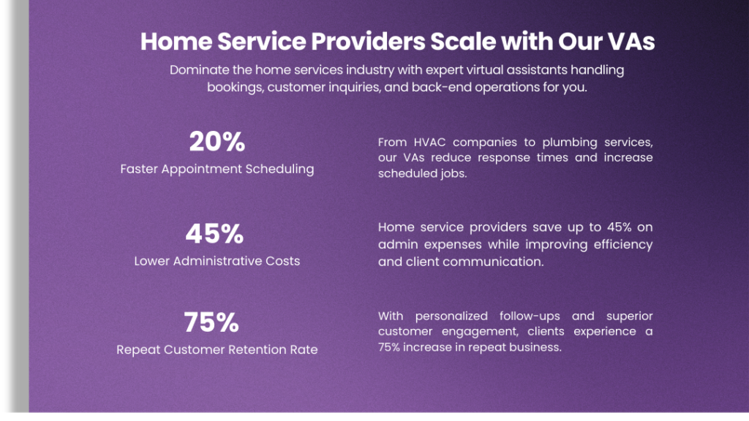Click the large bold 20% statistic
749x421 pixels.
pyautogui.click(x=217, y=141)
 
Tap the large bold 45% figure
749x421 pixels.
pyautogui.click(x=214, y=233)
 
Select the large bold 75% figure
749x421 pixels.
pyautogui.click(x=211, y=322)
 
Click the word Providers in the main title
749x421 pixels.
pyautogui.click(x=368, y=41)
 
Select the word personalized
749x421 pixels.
pyautogui.click(x=451, y=316)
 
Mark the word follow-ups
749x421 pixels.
pyautogui.click(x=530, y=316)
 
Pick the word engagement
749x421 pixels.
pyautogui.click(x=480, y=332)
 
